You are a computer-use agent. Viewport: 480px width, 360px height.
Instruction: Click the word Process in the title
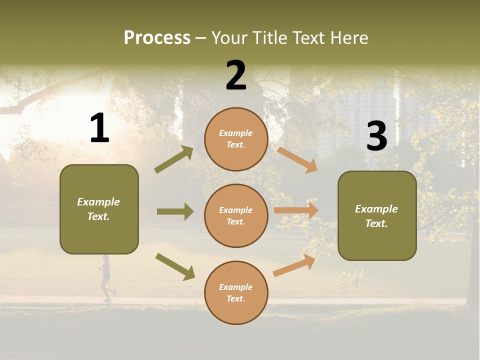click(157, 38)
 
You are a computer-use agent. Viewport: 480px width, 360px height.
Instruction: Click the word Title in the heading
click(269, 38)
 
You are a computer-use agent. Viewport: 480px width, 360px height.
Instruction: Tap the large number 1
click(99, 128)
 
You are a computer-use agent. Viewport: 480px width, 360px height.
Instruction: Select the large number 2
click(236, 75)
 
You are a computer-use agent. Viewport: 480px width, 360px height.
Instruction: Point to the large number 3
click(376, 136)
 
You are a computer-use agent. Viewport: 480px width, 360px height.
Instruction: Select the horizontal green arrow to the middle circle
click(175, 211)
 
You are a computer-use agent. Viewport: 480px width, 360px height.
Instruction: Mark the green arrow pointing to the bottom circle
click(175, 266)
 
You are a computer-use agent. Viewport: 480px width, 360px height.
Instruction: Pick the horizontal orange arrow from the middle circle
click(296, 210)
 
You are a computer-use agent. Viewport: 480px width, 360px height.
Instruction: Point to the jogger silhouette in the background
click(106, 278)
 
